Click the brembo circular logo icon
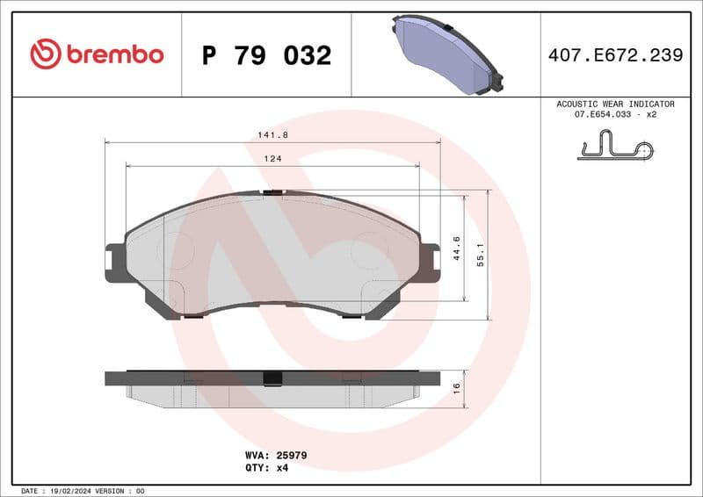tap(45, 54)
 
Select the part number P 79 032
tap(266, 55)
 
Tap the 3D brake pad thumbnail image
tap(446, 55)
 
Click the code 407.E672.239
tap(615, 55)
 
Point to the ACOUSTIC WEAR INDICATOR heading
tap(615, 104)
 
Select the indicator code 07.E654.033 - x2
tap(615, 114)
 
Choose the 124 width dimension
tap(272, 159)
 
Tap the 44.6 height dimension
tap(456, 248)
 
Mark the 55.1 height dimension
tap(480, 255)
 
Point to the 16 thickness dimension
tap(456, 388)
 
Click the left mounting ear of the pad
tap(115, 263)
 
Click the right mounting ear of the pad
tap(430, 263)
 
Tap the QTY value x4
tap(282, 468)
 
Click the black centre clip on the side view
tap(272, 378)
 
